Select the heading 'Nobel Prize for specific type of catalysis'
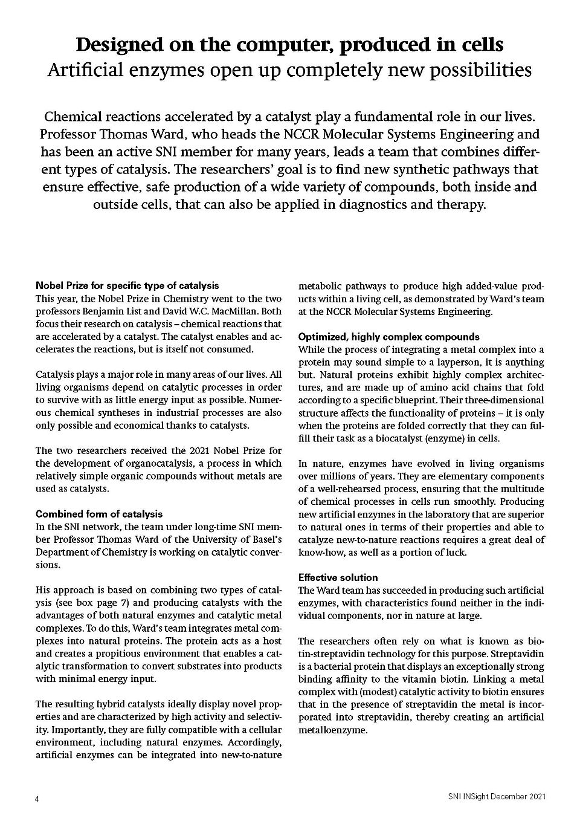point(127,285)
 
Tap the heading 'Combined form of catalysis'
point(99,514)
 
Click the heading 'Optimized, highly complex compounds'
point(389,337)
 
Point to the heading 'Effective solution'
point(338,577)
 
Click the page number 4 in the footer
point(37,799)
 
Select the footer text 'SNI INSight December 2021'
point(493,797)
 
